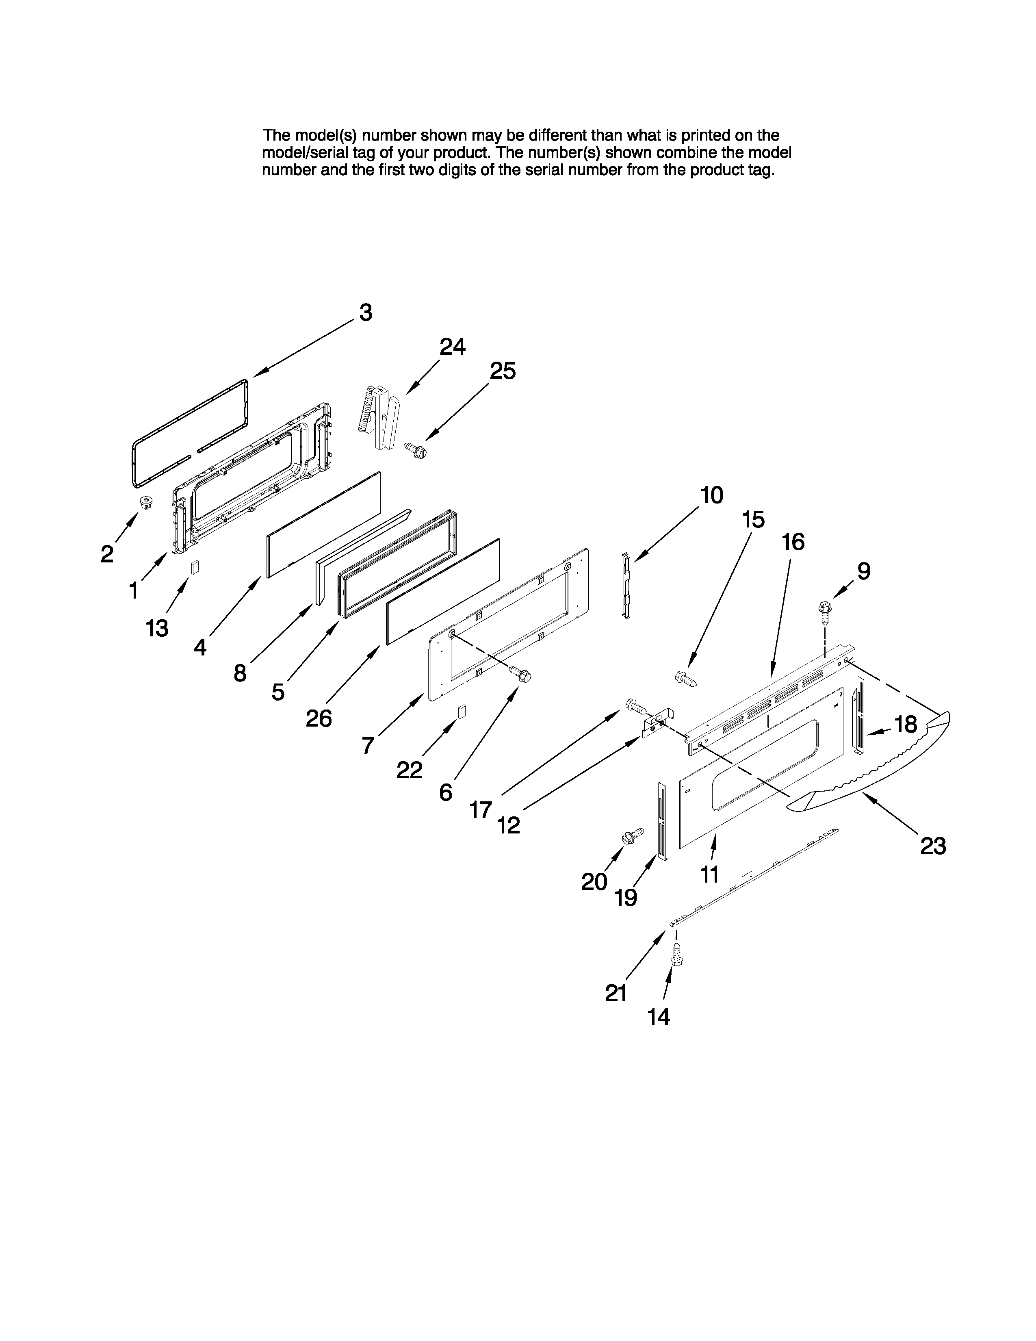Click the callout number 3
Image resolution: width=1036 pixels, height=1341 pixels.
(x=365, y=313)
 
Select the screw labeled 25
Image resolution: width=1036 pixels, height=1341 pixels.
(x=416, y=451)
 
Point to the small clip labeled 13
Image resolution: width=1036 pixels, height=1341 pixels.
(x=195, y=567)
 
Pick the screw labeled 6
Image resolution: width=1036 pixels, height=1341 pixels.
(x=522, y=675)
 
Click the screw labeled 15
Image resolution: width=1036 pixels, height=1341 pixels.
(x=686, y=679)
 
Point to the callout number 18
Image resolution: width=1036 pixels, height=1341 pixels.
(x=905, y=725)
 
